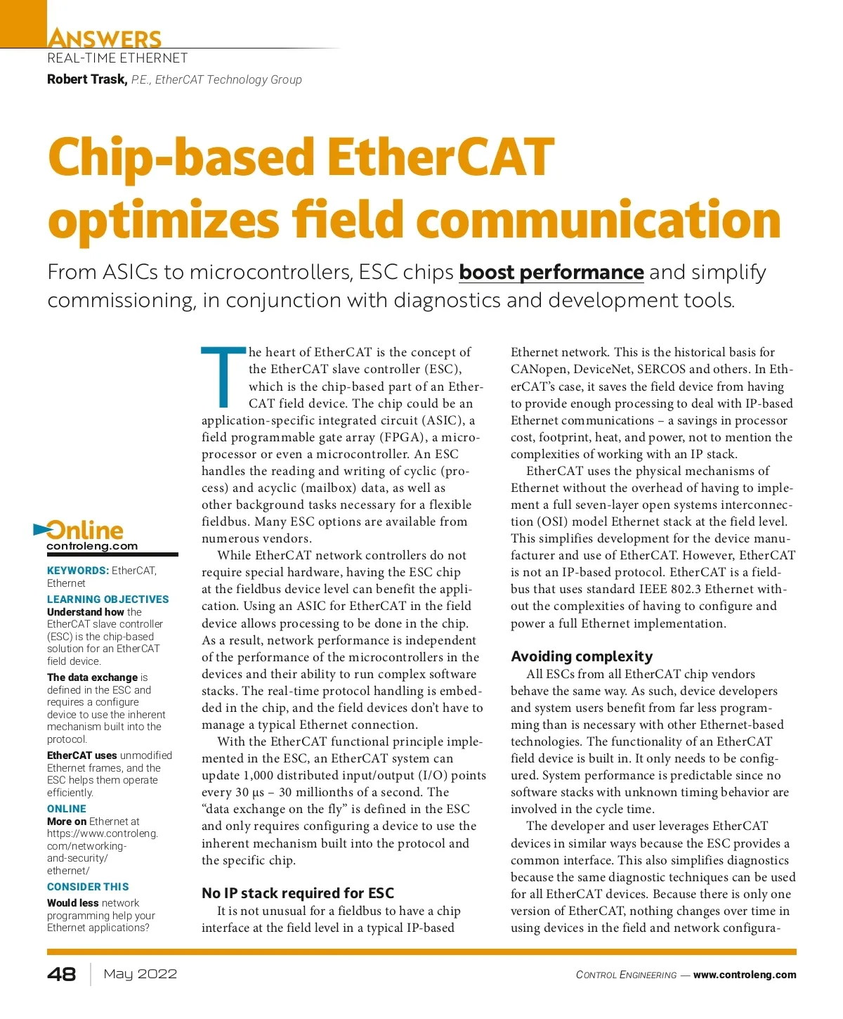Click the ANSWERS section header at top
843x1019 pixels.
[x=104, y=39]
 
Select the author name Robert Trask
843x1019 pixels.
[x=87, y=79]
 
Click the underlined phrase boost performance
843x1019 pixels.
[x=551, y=272]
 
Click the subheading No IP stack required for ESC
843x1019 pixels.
[x=298, y=893]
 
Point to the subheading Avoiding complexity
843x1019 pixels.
[x=582, y=656]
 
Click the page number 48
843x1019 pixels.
[x=62, y=974]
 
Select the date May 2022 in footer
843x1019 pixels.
[x=140, y=974]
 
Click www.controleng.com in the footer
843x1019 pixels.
[x=745, y=975]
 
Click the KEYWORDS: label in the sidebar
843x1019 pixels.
[x=78, y=571]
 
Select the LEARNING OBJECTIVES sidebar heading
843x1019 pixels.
[x=108, y=599]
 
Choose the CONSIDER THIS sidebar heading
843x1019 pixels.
[x=88, y=887]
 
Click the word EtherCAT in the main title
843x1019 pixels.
[x=440, y=157]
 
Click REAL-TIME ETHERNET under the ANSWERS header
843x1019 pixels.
[x=117, y=58]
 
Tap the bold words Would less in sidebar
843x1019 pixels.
[x=72, y=903]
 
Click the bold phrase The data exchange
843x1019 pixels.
[x=92, y=677]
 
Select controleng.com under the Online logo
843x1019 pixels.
[x=92, y=546]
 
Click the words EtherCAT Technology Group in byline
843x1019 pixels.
[x=228, y=80]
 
